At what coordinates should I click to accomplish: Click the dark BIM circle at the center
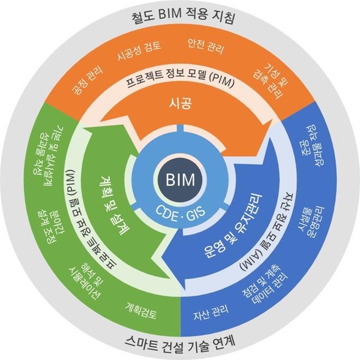click(180, 178)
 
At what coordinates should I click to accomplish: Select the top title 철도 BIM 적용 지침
click(180, 16)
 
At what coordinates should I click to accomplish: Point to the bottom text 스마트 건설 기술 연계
click(180, 343)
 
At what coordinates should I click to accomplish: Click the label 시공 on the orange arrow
click(180, 106)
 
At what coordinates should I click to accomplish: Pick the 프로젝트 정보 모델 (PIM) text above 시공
click(180, 82)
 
